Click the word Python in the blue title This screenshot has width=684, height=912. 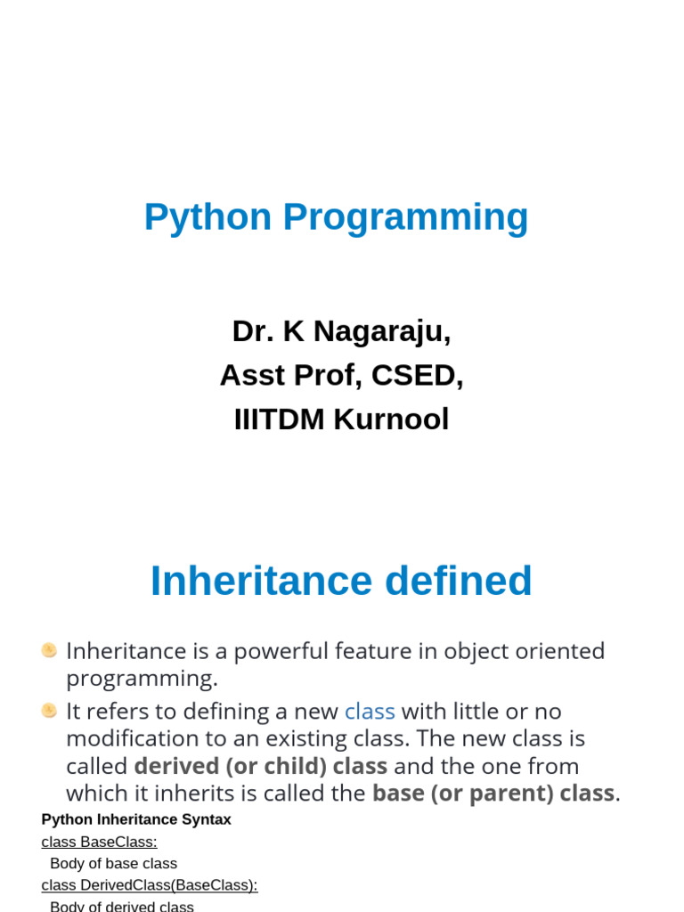coord(208,217)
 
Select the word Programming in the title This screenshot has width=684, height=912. coord(405,217)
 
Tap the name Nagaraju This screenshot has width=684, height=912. coord(382,332)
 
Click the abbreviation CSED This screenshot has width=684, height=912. coord(417,375)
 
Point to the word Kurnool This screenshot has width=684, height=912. coord(391,419)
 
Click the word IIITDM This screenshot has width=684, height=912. coord(279,419)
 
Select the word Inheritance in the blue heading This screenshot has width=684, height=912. coord(261,581)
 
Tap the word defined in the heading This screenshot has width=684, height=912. coord(459,581)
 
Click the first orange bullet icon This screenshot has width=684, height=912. coord(50,650)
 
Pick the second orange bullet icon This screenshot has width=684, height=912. coord(50,711)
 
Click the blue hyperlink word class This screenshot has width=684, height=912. coord(370,712)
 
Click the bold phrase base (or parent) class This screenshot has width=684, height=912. coord(493,794)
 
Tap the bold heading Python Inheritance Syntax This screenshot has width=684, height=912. coord(136,819)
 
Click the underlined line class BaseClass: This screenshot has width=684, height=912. coord(99,842)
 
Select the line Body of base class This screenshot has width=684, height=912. coord(113,863)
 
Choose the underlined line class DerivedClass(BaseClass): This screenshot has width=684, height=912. coord(150,885)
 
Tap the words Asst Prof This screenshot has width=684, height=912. coord(291,375)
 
